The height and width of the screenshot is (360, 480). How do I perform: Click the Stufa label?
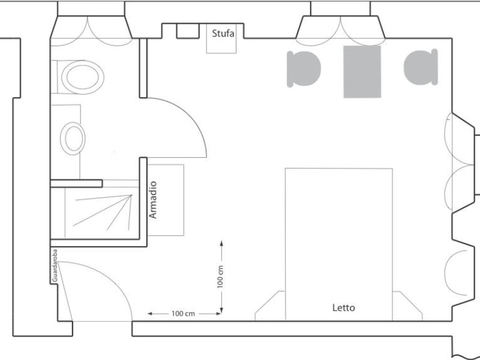(223, 33)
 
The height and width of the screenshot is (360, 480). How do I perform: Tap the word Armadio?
(153, 200)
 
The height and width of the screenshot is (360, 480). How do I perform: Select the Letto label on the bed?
(344, 308)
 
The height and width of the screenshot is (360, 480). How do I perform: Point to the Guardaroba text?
(55, 266)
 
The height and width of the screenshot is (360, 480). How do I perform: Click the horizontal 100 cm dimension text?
(183, 314)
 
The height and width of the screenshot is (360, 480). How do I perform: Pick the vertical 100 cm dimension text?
(220, 277)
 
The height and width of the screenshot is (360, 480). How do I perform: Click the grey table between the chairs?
(362, 71)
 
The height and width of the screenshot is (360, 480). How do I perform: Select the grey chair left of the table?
(304, 69)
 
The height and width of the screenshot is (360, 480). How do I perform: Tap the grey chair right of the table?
(421, 67)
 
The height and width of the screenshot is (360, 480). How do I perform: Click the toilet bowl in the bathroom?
(83, 77)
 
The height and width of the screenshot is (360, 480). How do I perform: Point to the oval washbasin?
(73, 139)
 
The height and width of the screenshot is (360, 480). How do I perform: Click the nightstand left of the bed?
(270, 306)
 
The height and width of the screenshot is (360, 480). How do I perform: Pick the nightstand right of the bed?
(407, 306)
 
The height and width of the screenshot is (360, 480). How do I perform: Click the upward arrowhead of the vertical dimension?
(221, 244)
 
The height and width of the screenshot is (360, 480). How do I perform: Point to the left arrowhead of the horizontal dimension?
(151, 314)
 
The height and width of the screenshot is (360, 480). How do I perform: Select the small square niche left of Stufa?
(188, 31)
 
